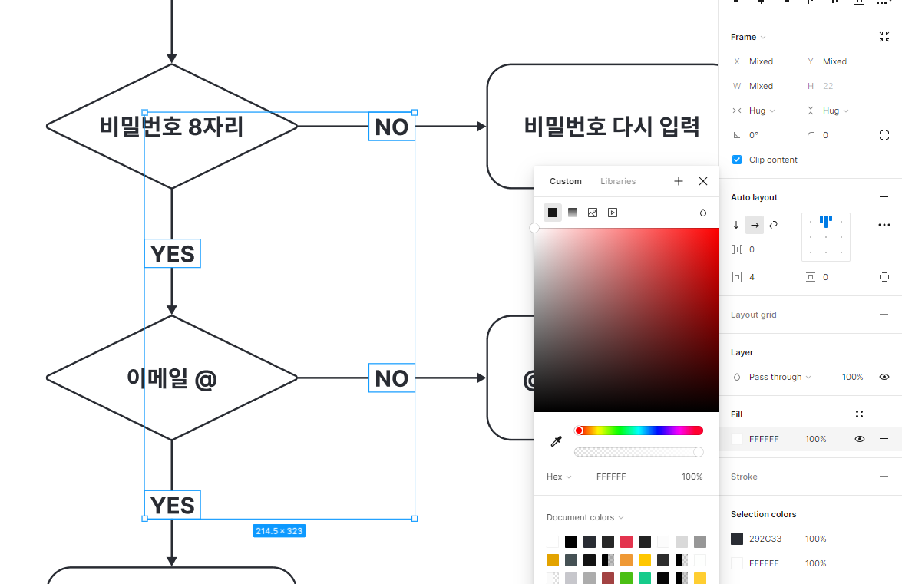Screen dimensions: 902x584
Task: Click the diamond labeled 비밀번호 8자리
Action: [171, 126]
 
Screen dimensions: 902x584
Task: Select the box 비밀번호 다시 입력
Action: [611, 126]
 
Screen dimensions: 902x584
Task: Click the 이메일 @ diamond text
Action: [171, 378]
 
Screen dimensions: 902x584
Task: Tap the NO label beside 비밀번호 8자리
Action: [392, 127]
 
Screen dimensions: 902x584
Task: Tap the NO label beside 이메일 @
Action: [392, 378]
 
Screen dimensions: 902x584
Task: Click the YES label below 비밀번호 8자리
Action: [173, 253]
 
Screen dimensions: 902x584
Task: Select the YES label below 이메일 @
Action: [173, 505]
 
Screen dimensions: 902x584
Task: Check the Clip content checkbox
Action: [737, 160]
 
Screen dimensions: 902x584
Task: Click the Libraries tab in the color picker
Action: [618, 181]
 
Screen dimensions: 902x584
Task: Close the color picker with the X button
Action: [703, 181]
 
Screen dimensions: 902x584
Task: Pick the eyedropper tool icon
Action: [557, 441]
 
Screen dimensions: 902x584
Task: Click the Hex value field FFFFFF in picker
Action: [611, 477]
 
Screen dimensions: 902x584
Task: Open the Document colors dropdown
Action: [585, 517]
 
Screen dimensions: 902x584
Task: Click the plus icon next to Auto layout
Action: [884, 197]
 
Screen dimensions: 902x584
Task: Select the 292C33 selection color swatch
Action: [737, 539]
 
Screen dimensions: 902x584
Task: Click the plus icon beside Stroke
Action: [884, 477]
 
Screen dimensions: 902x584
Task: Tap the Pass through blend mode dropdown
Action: [779, 377]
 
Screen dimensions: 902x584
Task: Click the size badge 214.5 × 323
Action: [279, 530]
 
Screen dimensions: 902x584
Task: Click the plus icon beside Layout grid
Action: [884, 315]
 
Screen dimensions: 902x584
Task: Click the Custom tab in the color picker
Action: [566, 181]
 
